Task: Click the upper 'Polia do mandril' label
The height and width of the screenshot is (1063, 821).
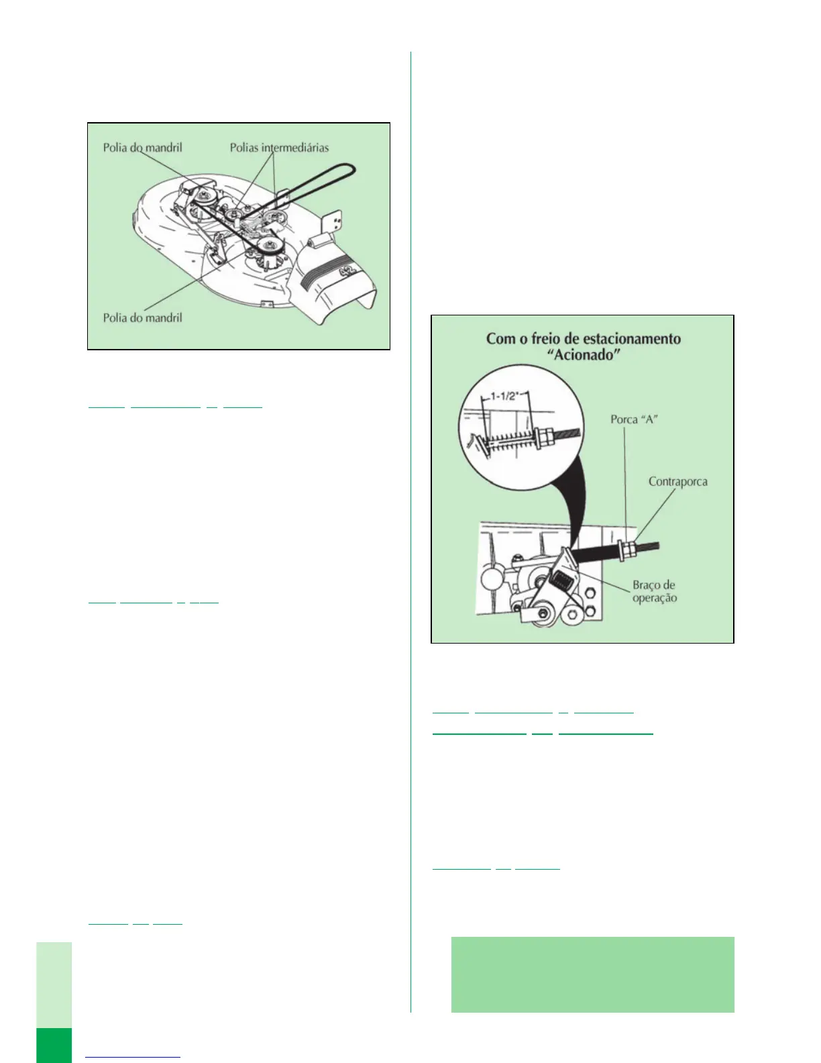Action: tap(142, 148)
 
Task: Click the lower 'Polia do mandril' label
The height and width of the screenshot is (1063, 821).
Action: tap(142, 317)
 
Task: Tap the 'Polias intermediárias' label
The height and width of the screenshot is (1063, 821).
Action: tap(279, 148)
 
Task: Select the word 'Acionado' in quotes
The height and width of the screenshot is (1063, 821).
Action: tap(584, 355)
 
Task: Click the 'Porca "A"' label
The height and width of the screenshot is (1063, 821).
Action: tap(634, 419)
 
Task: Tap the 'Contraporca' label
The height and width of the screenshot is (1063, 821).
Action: tap(677, 482)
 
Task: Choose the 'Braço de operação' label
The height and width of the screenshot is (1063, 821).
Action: tap(654, 591)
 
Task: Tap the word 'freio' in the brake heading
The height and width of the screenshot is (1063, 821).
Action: tap(547, 338)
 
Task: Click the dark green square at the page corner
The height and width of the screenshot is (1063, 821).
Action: tap(54, 1045)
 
